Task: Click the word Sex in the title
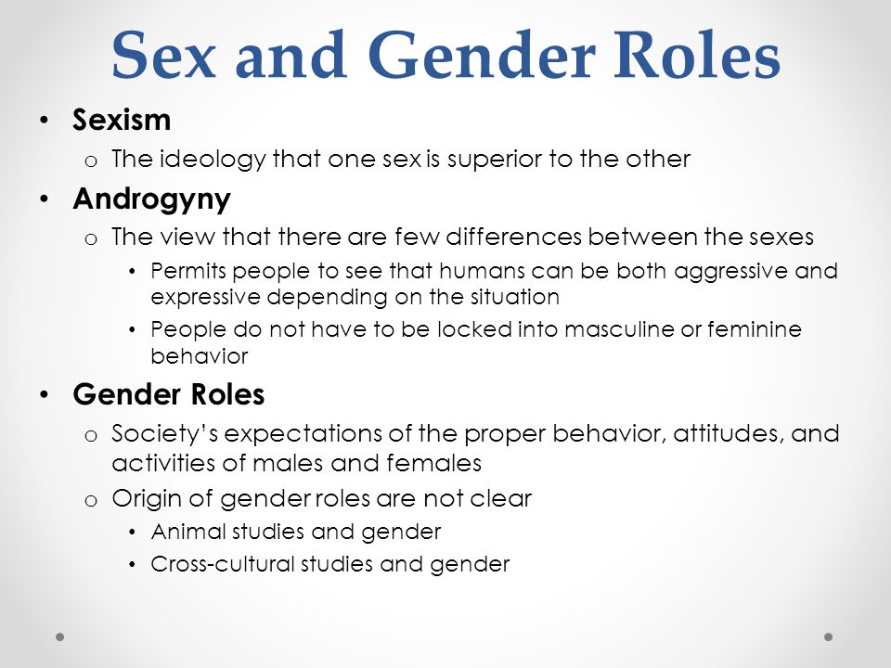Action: pyautogui.click(x=163, y=55)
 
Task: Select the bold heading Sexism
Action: pyautogui.click(x=122, y=120)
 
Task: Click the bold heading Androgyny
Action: pyautogui.click(x=151, y=199)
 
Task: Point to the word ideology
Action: pyautogui.click(x=213, y=160)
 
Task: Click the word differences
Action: pyautogui.click(x=514, y=237)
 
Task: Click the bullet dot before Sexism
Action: pyautogui.click(x=45, y=120)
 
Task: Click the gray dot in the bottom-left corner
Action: pyautogui.click(x=60, y=636)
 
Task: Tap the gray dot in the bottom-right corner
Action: pyautogui.click(x=829, y=636)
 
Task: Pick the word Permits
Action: pyautogui.click(x=188, y=272)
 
